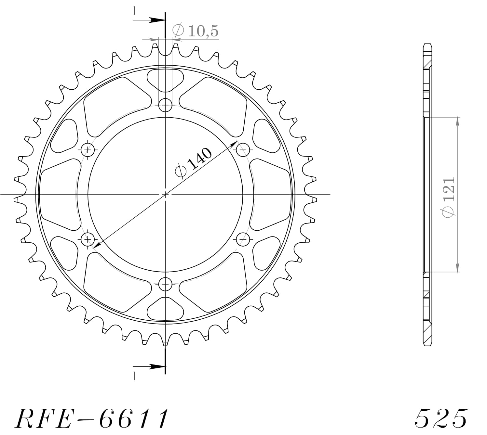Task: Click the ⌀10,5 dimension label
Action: tap(195, 31)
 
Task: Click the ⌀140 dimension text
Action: tap(193, 163)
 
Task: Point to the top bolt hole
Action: tap(166, 105)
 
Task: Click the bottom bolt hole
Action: tap(166, 285)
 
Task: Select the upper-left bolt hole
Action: tap(88, 150)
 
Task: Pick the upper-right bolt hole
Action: tap(243, 150)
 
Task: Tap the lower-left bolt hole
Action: tap(88, 240)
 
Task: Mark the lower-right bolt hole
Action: tap(243, 240)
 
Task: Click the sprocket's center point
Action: tap(166, 195)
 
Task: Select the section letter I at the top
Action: tap(134, 11)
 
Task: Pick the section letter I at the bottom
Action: tap(134, 376)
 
